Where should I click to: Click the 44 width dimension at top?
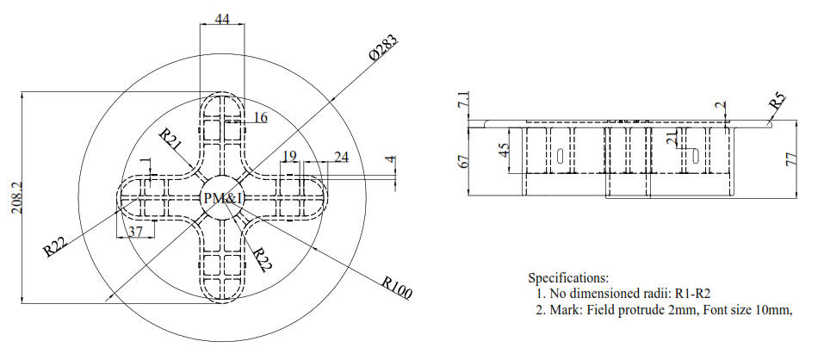click(x=222, y=19)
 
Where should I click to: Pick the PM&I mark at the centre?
click(x=222, y=199)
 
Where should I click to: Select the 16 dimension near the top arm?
click(x=259, y=117)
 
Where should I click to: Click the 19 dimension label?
click(x=290, y=156)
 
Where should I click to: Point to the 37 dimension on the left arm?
click(x=134, y=232)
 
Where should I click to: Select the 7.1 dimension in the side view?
click(x=464, y=102)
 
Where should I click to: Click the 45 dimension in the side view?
click(x=504, y=152)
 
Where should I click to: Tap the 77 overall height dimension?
click(x=791, y=158)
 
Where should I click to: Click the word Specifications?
click(x=567, y=278)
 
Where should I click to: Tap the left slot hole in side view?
click(x=561, y=157)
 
